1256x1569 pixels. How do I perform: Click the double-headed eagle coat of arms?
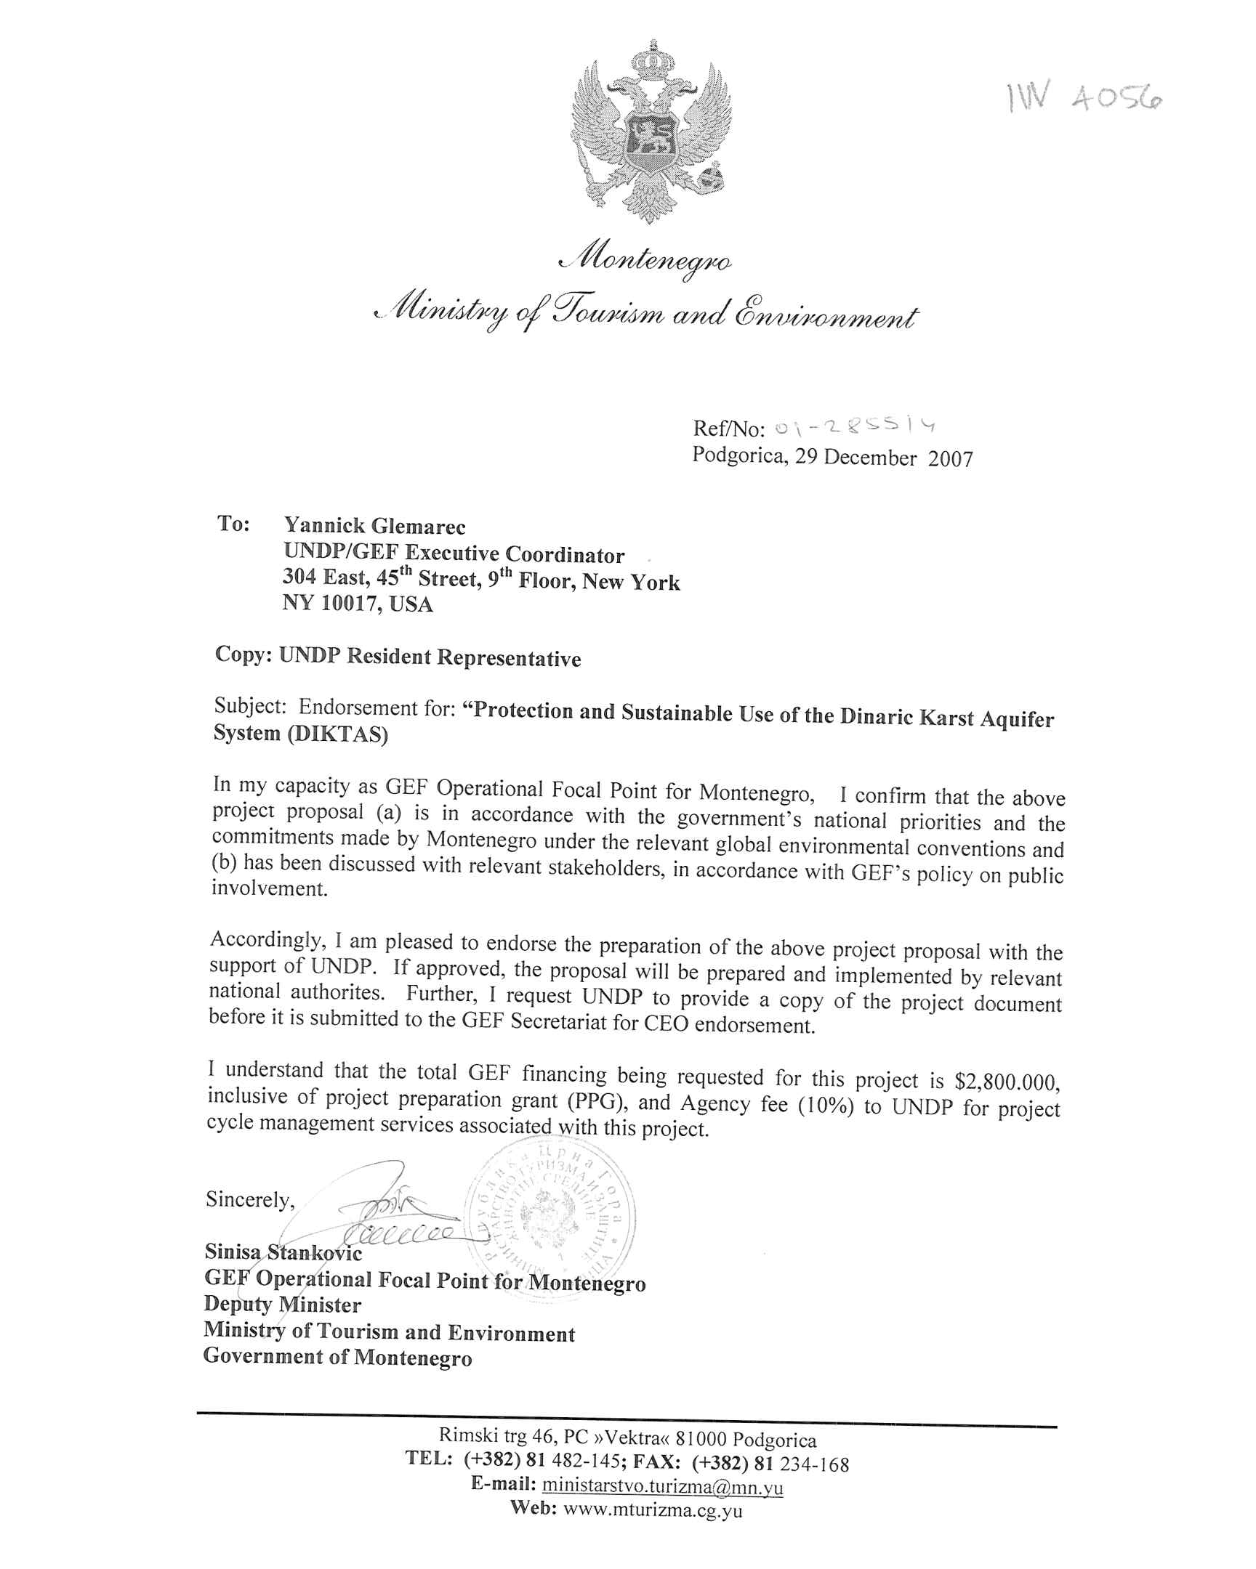pyautogui.click(x=651, y=134)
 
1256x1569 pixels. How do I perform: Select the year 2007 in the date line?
pyautogui.click(x=950, y=458)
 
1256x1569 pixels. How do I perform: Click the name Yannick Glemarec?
pyautogui.click(x=374, y=525)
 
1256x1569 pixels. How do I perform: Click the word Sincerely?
pyautogui.click(x=250, y=1199)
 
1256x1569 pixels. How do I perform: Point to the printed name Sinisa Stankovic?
pyautogui.click(x=283, y=1252)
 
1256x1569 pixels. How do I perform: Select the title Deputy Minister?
pyautogui.click(x=283, y=1305)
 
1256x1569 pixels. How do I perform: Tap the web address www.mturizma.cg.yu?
pyautogui.click(x=653, y=1509)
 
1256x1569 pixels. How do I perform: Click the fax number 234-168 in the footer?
pyautogui.click(x=814, y=1464)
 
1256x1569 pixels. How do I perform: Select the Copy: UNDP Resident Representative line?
pyautogui.click(x=398, y=657)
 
